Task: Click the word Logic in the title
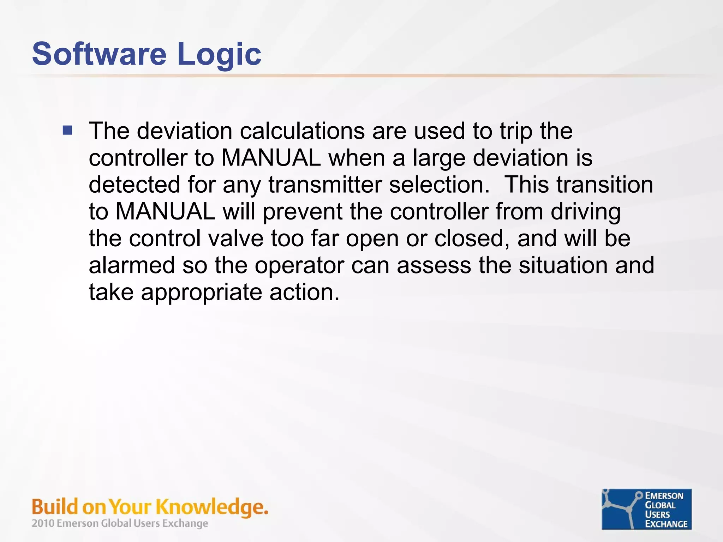[x=219, y=55]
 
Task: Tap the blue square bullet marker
[x=67, y=131]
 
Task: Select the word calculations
[x=302, y=131]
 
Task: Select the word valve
[x=235, y=238]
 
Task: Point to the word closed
[x=471, y=238]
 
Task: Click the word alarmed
[x=132, y=265]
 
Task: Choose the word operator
[x=299, y=266]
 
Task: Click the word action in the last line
[x=304, y=292]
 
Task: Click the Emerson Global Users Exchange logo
[x=646, y=509]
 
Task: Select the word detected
[x=134, y=185]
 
